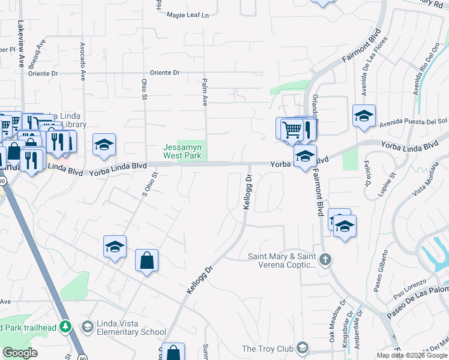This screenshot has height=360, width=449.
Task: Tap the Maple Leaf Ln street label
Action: click(x=190, y=15)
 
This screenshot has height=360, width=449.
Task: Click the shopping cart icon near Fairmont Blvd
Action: click(x=291, y=128)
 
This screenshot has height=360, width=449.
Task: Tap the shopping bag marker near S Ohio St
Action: click(x=146, y=260)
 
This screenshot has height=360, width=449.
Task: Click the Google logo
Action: click(x=20, y=353)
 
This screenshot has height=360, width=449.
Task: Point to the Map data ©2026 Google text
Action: click(x=412, y=355)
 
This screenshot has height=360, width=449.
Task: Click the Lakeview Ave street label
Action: click(x=21, y=44)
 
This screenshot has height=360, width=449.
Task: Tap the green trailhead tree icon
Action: click(x=67, y=326)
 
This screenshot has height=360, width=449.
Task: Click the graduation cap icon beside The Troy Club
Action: click(x=303, y=348)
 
